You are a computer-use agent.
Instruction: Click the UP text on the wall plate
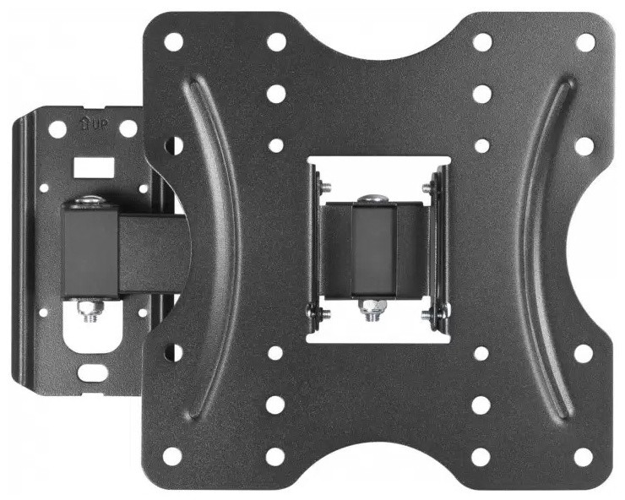[99, 125]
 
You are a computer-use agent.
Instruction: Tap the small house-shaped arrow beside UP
[84, 123]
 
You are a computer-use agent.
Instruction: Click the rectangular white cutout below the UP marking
[94, 167]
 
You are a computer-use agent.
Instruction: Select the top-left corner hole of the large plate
[173, 42]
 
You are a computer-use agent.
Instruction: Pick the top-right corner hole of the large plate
[585, 42]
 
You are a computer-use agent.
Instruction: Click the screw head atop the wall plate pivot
[90, 200]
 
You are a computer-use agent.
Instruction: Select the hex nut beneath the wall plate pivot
[91, 308]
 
